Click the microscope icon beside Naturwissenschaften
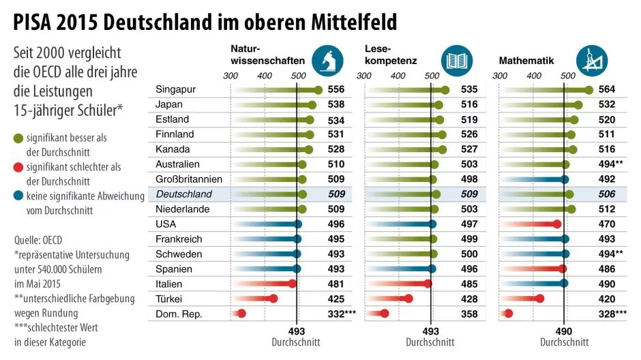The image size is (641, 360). (328, 60)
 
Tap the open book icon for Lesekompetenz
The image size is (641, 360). (456, 60)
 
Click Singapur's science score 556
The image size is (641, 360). (336, 90)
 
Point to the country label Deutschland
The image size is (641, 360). (183, 194)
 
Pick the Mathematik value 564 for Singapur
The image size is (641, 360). (606, 90)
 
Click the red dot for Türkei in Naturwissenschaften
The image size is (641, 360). (273, 299)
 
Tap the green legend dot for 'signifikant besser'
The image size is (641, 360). (18, 138)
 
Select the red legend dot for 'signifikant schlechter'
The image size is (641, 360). (18, 168)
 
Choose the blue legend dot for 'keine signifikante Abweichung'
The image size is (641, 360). (18, 196)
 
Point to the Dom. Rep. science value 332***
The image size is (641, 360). (342, 314)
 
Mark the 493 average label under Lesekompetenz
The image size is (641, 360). (430, 331)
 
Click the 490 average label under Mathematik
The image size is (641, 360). (564, 331)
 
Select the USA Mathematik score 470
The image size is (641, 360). (606, 224)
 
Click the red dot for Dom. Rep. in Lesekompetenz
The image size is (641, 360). (384, 314)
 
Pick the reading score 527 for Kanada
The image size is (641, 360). (469, 149)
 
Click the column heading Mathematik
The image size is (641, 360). (526, 61)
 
